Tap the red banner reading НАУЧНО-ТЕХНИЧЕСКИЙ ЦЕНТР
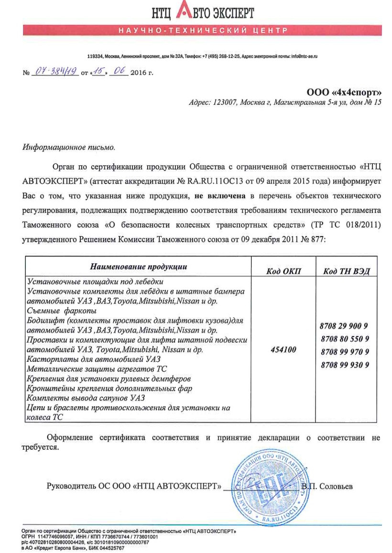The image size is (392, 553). [203, 31]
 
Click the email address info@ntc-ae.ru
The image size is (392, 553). [305, 56]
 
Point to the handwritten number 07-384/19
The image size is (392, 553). [56, 72]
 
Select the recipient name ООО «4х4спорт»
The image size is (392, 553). [344, 91]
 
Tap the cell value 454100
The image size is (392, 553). [283, 350]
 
